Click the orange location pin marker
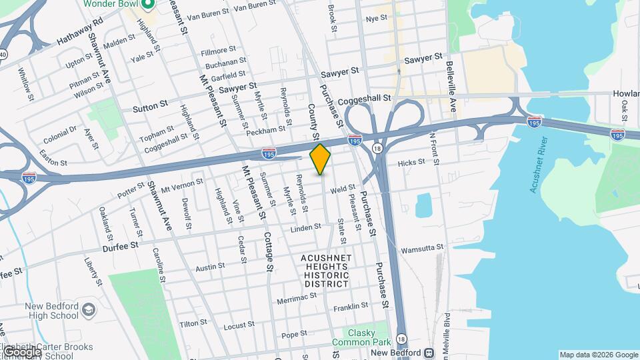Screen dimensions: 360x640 pyautogui.click(x=321, y=159)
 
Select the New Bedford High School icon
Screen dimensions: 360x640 pyautogui.click(x=89, y=310)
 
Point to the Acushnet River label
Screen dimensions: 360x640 pyautogui.click(x=538, y=165)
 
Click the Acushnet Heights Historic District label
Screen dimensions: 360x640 pyautogui.click(x=326, y=271)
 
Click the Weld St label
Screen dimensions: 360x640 pyautogui.click(x=342, y=189)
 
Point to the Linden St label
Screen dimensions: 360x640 pyautogui.click(x=306, y=229)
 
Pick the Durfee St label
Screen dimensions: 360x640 pyautogui.click(x=120, y=245)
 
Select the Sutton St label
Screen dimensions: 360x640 pyautogui.click(x=149, y=107)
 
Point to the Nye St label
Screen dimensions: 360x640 pyautogui.click(x=376, y=18)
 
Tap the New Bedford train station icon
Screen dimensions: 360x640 pyautogui.click(x=429, y=353)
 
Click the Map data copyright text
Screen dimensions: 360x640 pyautogui.click(x=598, y=355)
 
